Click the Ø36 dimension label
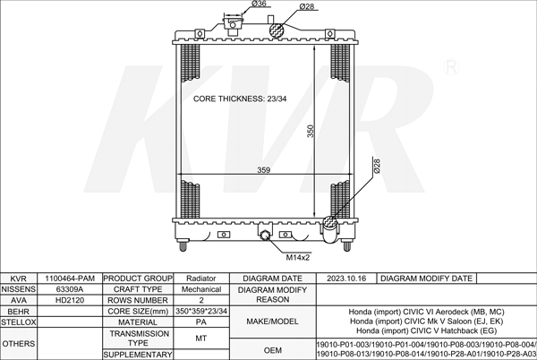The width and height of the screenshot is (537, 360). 259,4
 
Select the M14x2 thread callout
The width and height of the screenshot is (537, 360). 298,258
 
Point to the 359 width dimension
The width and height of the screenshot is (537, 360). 264,170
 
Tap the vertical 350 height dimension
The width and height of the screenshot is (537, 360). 311,131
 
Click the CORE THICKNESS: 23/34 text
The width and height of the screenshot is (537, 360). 240,99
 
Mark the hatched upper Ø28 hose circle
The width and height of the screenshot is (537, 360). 276,30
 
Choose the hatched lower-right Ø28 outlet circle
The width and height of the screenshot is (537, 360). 329,223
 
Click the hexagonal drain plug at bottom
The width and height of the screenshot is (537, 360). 265,236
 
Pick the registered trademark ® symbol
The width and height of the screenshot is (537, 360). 451,67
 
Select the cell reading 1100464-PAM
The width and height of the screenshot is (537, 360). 70,279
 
